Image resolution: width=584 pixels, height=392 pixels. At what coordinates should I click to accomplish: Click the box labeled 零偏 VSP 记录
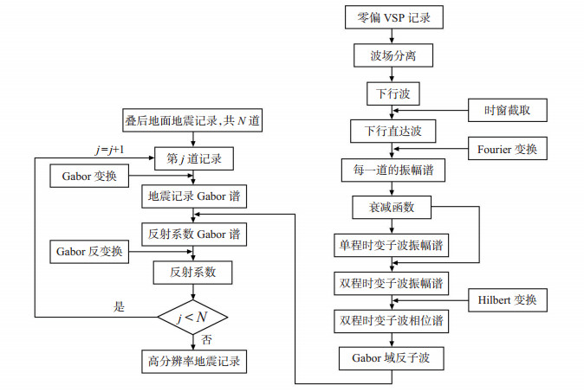pyautogui.click(x=394, y=17)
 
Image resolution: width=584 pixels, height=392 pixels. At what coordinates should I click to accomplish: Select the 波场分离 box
pyautogui.click(x=393, y=55)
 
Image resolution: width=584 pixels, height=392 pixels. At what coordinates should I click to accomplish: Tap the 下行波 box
pyautogui.click(x=393, y=93)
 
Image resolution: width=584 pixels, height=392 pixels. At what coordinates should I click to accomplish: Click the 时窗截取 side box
pyautogui.click(x=507, y=110)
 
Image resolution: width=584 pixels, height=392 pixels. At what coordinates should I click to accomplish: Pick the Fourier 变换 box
pyautogui.click(x=507, y=148)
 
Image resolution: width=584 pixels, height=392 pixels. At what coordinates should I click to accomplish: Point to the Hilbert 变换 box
pyautogui.click(x=507, y=299)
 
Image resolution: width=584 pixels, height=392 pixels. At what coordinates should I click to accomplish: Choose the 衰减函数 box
pyautogui.click(x=392, y=207)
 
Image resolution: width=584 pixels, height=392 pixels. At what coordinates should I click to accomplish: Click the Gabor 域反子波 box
pyautogui.click(x=391, y=358)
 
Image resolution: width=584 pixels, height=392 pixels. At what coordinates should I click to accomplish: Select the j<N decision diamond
pyautogui.click(x=192, y=318)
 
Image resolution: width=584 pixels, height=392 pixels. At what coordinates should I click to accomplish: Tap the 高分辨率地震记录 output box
pyautogui.click(x=194, y=361)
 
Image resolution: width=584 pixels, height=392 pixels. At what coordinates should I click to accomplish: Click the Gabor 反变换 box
pyautogui.click(x=89, y=252)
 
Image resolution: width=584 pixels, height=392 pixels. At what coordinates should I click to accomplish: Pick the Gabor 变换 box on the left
pyautogui.click(x=89, y=176)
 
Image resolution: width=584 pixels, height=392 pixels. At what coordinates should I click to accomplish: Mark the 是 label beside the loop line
pyautogui.click(x=119, y=307)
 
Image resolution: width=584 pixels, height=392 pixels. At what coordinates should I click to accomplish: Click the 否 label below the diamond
pyautogui.click(x=206, y=339)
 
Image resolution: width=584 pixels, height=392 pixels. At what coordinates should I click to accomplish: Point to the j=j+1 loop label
pyautogui.click(x=109, y=150)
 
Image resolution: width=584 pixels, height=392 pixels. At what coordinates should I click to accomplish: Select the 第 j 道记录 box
pyautogui.click(x=194, y=159)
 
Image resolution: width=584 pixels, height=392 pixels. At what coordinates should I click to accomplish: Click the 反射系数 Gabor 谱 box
pyautogui.click(x=194, y=235)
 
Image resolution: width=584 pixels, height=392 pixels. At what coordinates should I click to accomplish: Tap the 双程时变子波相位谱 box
pyautogui.click(x=391, y=320)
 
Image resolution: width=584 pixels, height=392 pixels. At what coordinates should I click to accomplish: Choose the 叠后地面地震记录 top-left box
pyautogui.click(x=192, y=120)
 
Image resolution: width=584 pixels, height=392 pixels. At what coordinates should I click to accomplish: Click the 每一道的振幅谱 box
pyautogui.click(x=393, y=170)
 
